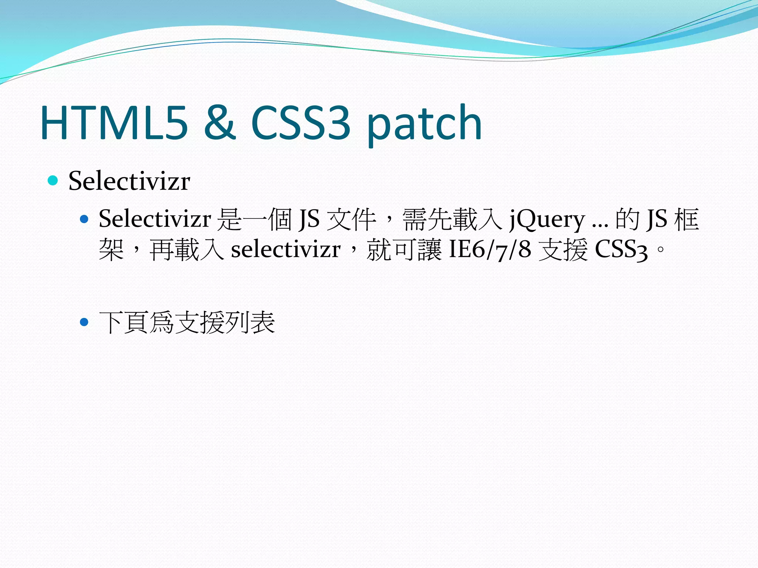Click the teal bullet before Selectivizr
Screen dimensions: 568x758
pyautogui.click(x=53, y=181)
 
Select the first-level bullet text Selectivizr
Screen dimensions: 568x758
pyautogui.click(x=129, y=181)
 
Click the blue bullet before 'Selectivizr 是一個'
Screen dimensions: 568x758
pyautogui.click(x=84, y=219)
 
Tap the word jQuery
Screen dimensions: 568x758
pyautogui.click(x=547, y=220)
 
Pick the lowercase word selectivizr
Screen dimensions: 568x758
pyautogui.click(x=285, y=250)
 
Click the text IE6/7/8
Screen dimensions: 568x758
pyautogui.click(x=490, y=250)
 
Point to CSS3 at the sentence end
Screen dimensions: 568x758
pyautogui.click(x=621, y=250)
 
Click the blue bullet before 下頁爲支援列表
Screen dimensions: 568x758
pyautogui.click(x=84, y=322)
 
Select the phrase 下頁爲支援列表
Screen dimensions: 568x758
pyautogui.click(x=187, y=322)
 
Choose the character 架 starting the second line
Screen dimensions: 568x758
pyautogui.click(x=111, y=250)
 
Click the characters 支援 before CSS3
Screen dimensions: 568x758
pyautogui.click(x=563, y=250)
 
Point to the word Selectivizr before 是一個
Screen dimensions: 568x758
pyautogui.click(x=155, y=219)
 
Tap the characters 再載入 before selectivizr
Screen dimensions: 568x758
pyautogui.click(x=187, y=250)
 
